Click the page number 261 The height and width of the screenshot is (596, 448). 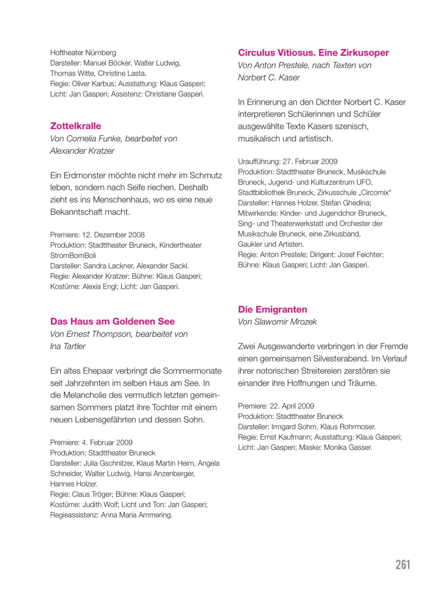402,565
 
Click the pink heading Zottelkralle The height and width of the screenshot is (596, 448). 76,126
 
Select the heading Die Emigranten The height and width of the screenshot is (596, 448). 272,309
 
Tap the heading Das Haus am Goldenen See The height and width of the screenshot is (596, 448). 112,321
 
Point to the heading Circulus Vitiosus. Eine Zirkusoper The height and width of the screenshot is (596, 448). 313,53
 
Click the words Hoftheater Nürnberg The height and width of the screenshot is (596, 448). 83,53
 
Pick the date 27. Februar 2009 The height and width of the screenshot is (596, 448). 310,162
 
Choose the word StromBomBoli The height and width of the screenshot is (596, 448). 73,256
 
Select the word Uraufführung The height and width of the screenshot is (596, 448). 259,162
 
